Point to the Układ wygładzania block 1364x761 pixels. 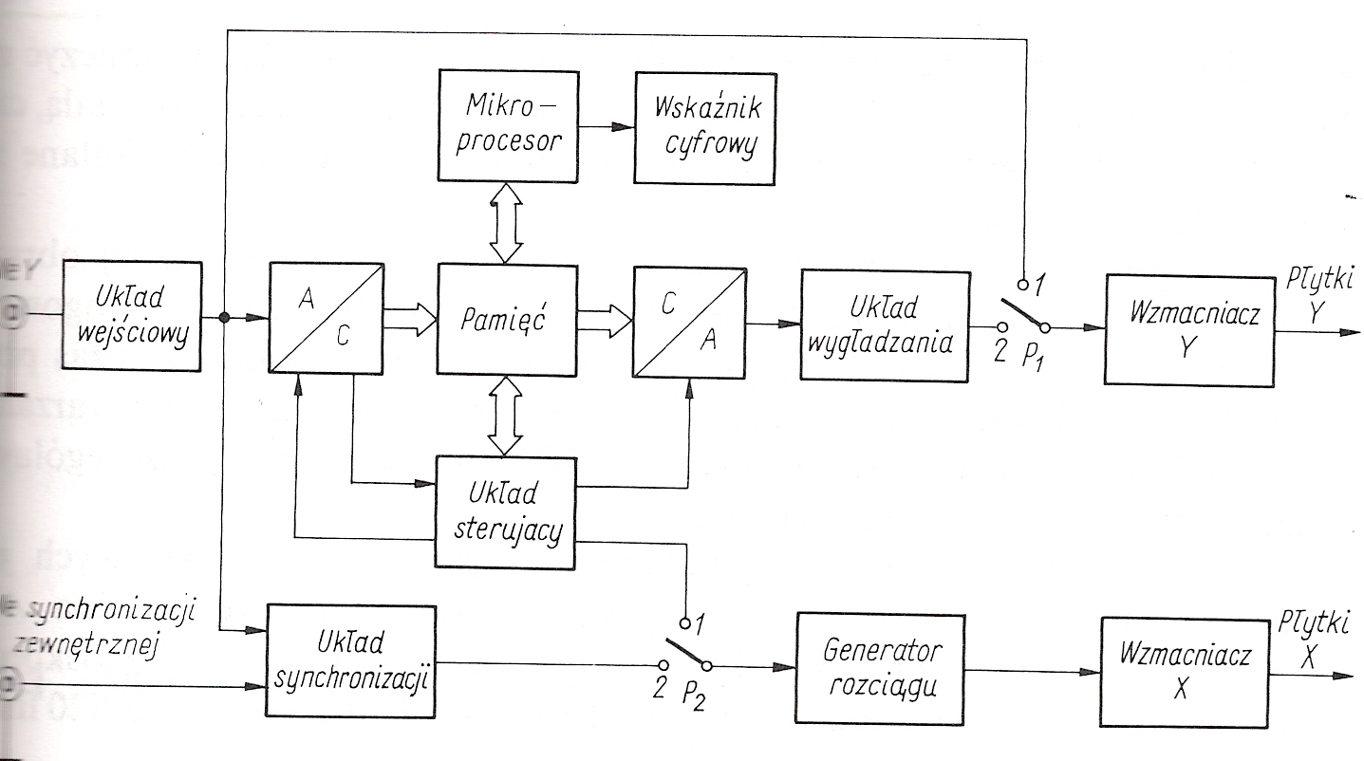pos(886,326)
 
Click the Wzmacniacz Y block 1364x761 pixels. pos(1187,328)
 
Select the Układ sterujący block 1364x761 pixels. pos(505,512)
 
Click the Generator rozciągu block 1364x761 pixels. pos(883,669)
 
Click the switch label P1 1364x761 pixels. pos(1034,360)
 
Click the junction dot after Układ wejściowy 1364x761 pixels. pos(223,318)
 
